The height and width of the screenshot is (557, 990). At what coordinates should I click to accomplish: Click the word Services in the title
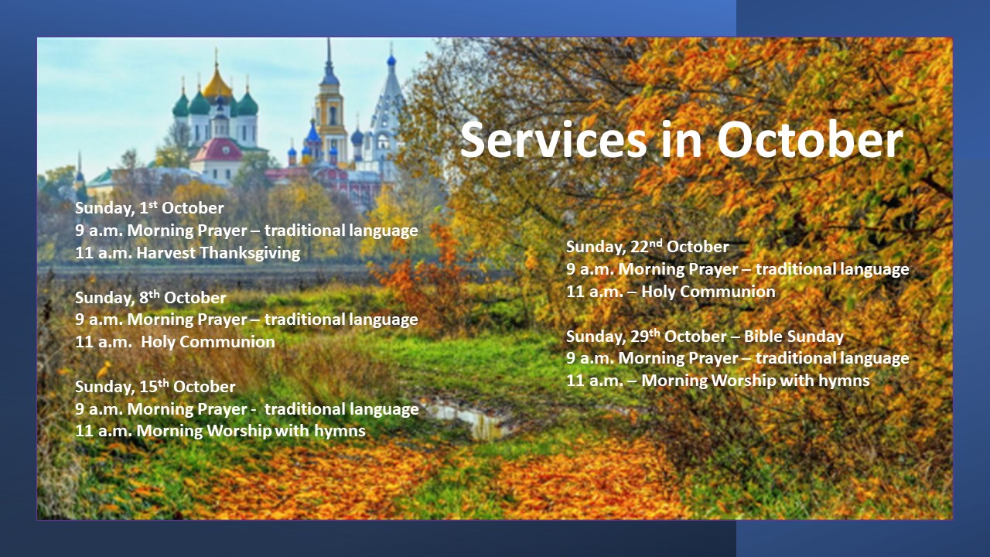pyautogui.click(x=553, y=139)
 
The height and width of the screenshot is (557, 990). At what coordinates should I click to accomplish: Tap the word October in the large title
pyautogui.click(x=810, y=139)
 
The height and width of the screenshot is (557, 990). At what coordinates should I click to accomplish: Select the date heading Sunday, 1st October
pyautogui.click(x=149, y=208)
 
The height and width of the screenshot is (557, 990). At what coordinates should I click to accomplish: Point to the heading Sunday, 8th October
pyautogui.click(x=150, y=297)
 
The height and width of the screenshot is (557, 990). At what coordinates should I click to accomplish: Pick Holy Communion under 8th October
pyautogui.click(x=208, y=342)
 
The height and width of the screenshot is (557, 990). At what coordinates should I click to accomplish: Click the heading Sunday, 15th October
pyautogui.click(x=155, y=386)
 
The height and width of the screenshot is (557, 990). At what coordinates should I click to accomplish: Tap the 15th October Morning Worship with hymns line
pyautogui.click(x=220, y=431)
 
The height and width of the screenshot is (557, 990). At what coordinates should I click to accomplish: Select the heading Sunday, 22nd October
pyautogui.click(x=647, y=247)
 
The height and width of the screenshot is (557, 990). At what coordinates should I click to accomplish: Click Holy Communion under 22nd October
pyautogui.click(x=708, y=292)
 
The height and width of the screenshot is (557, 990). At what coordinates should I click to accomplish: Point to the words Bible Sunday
pyautogui.click(x=794, y=337)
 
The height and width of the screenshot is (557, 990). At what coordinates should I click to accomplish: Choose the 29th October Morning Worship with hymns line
pyautogui.click(x=718, y=381)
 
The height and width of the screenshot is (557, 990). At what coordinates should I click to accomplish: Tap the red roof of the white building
pyautogui.click(x=217, y=150)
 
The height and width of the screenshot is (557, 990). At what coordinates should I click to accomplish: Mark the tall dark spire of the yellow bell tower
pyautogui.click(x=329, y=62)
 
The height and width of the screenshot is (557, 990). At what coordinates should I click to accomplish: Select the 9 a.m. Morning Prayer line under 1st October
pyautogui.click(x=246, y=231)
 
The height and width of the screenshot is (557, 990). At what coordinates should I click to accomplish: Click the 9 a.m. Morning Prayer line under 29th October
pyautogui.click(x=738, y=358)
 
